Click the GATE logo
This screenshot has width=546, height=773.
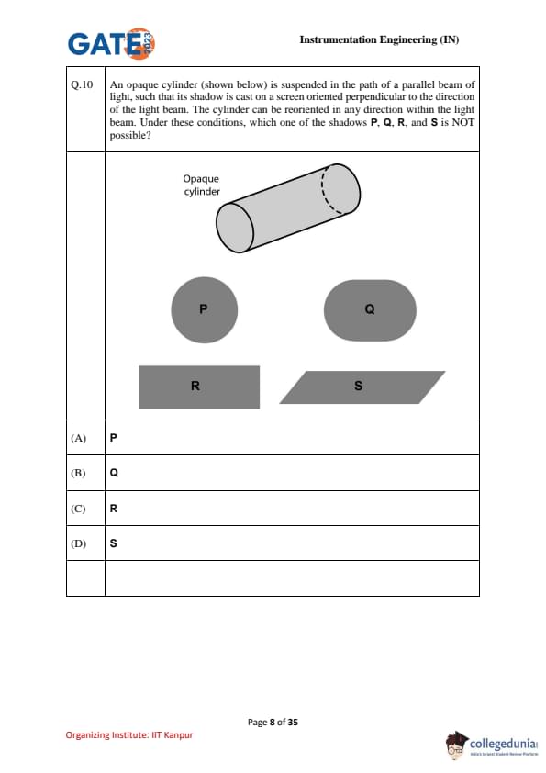pyautogui.click(x=111, y=43)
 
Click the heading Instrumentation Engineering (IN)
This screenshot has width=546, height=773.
pyautogui.click(x=379, y=39)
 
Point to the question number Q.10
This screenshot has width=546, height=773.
pyautogui.click(x=82, y=84)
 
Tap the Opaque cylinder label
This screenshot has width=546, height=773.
pyautogui.click(x=202, y=185)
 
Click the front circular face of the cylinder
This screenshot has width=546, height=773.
pyautogui.click(x=235, y=228)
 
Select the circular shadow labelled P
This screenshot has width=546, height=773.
pyautogui.click(x=204, y=309)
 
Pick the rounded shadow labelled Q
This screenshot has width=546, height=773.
pyautogui.click(x=370, y=310)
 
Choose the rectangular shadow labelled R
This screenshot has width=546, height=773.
pyautogui.click(x=199, y=387)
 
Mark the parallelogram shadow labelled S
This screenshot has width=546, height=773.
pyautogui.click(x=362, y=387)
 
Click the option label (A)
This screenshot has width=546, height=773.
pyautogui.click(x=78, y=438)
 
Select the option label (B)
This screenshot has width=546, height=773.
pyautogui.click(x=78, y=473)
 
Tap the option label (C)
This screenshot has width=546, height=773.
pyautogui.click(x=78, y=509)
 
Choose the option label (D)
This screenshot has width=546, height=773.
pyautogui.click(x=78, y=543)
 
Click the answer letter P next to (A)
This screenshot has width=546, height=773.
pyautogui.click(x=114, y=437)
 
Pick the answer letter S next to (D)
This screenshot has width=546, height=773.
pyautogui.click(x=114, y=543)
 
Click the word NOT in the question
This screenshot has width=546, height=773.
pyautogui.click(x=463, y=122)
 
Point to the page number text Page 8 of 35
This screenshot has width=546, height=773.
pyautogui.click(x=273, y=723)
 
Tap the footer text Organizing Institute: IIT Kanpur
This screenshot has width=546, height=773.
pyautogui.click(x=129, y=735)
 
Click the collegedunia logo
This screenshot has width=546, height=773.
pyautogui.click(x=492, y=745)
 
